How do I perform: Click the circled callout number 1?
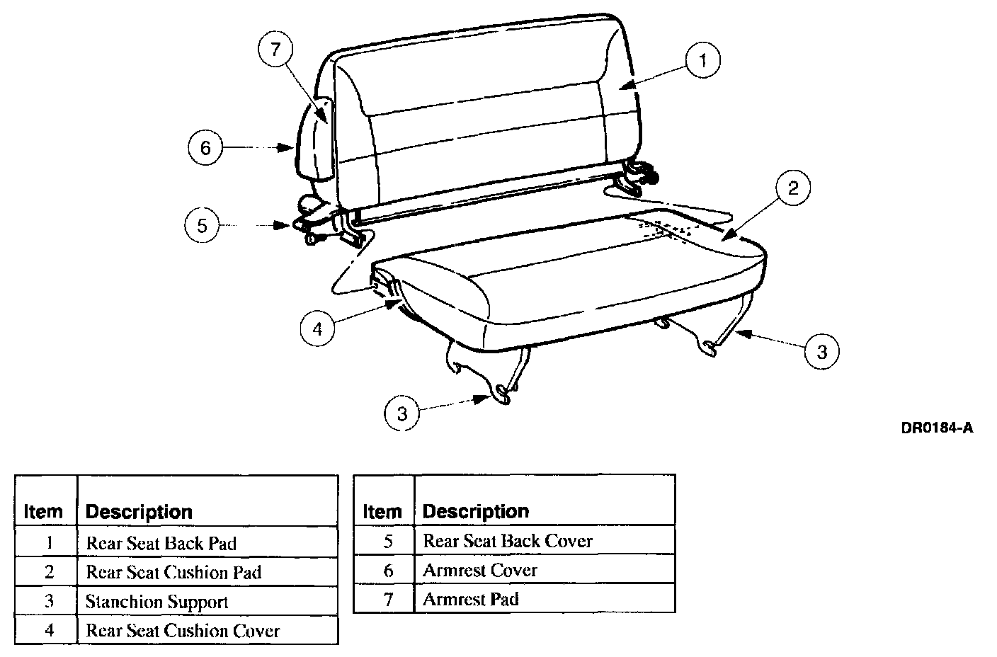point(702,61)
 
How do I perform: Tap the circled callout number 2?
point(792,188)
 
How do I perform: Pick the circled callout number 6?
point(205,148)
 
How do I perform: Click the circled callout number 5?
point(202,225)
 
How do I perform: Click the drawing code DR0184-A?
point(937,428)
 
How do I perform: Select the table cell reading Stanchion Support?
point(157,602)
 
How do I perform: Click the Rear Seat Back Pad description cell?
point(161,543)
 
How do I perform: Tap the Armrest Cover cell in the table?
point(480,570)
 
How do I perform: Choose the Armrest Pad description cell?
point(471,599)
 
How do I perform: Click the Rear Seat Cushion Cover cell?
point(183,630)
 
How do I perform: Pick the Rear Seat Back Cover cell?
point(508,541)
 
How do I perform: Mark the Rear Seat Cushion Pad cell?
point(173,572)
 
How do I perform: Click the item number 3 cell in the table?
point(49,602)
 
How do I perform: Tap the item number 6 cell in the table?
point(387,570)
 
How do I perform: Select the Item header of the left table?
point(43,511)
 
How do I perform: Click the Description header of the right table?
point(476,510)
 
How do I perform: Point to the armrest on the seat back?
point(316,138)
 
